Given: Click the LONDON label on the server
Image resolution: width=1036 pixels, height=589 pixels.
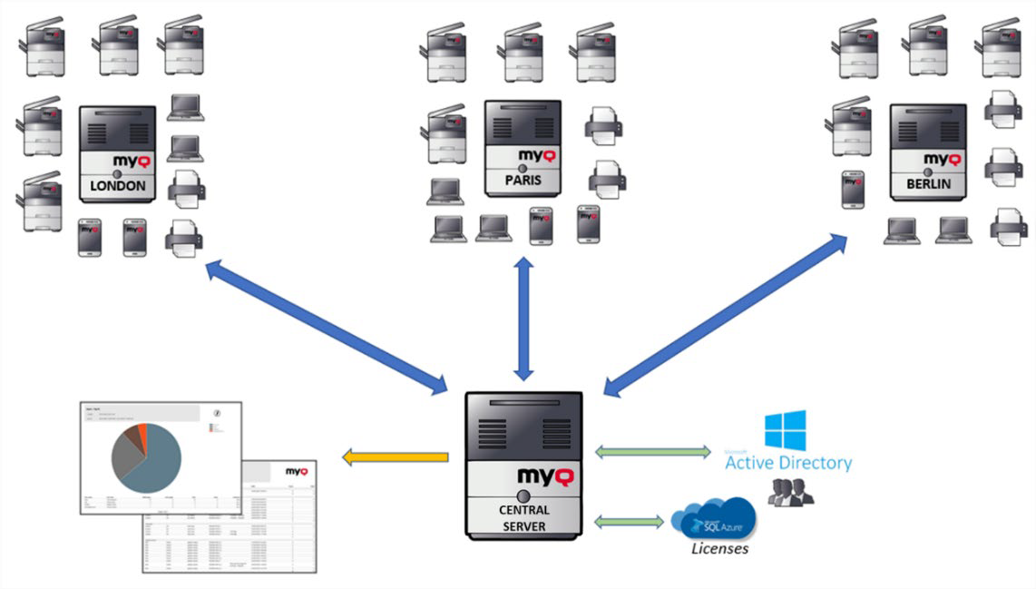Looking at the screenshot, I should tap(117, 186).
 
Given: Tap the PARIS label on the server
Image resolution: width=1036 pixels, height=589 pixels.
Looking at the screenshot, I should tap(523, 180).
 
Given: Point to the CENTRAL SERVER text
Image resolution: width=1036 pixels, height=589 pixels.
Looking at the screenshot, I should tap(523, 518).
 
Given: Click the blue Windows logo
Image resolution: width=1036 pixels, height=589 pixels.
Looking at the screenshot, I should tap(785, 430).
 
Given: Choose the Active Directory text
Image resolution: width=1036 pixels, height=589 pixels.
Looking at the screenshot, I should tap(788, 463).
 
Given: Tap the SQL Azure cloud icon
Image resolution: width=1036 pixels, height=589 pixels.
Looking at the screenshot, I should tap(713, 518).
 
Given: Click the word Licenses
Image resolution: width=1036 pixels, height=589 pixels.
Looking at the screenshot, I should tap(719, 548).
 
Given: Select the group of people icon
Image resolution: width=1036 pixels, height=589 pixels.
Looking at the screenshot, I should tap(790, 492).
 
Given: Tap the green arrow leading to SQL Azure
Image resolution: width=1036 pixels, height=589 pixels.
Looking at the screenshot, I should tap(630, 522).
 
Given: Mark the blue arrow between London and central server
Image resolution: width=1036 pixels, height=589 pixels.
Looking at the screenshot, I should tap(327, 328).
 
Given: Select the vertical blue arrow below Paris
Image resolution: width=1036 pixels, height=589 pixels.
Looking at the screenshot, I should tap(523, 318).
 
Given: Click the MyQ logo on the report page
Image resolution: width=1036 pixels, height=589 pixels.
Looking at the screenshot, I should tap(297, 472).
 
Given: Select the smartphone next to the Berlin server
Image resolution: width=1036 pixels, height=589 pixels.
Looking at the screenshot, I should tap(853, 189).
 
